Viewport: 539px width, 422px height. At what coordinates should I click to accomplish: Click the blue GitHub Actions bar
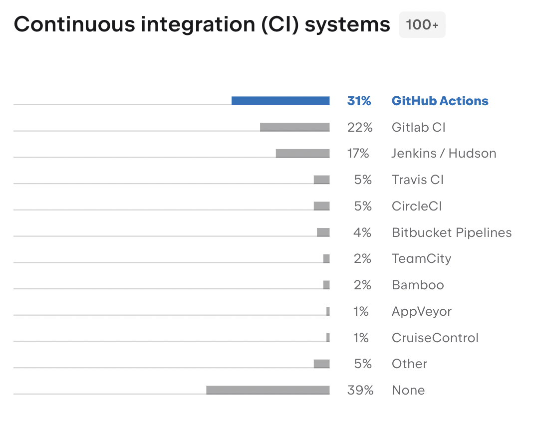tap(280, 101)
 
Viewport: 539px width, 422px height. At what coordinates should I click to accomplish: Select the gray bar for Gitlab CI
tap(294, 127)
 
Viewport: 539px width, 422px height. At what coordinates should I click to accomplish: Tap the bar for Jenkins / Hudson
tap(302, 153)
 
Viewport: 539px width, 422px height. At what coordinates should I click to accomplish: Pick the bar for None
tap(268, 390)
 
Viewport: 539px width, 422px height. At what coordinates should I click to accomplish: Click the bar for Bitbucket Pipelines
tap(323, 232)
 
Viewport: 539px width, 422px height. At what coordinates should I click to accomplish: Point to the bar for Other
tap(321, 364)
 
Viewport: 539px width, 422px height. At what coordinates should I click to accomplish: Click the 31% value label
tap(359, 101)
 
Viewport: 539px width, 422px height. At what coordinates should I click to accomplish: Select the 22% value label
tap(359, 127)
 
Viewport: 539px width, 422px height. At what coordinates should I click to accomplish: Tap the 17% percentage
tap(358, 153)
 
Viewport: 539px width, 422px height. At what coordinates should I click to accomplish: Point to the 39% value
tap(360, 390)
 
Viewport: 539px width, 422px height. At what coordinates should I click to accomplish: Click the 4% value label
tap(362, 232)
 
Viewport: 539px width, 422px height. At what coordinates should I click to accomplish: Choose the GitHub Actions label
tap(440, 101)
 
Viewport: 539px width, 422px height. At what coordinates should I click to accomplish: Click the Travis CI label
tap(418, 180)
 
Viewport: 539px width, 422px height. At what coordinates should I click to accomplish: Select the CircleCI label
tap(417, 206)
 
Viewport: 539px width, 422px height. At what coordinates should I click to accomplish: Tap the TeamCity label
tap(421, 259)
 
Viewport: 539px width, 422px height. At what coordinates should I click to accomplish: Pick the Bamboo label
tap(418, 285)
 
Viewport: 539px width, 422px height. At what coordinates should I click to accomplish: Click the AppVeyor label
tap(422, 311)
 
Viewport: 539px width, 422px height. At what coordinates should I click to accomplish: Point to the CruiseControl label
tap(435, 338)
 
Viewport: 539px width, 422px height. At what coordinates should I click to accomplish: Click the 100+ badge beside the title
tap(422, 25)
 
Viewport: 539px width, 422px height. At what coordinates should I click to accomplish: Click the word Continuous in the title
tap(74, 24)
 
